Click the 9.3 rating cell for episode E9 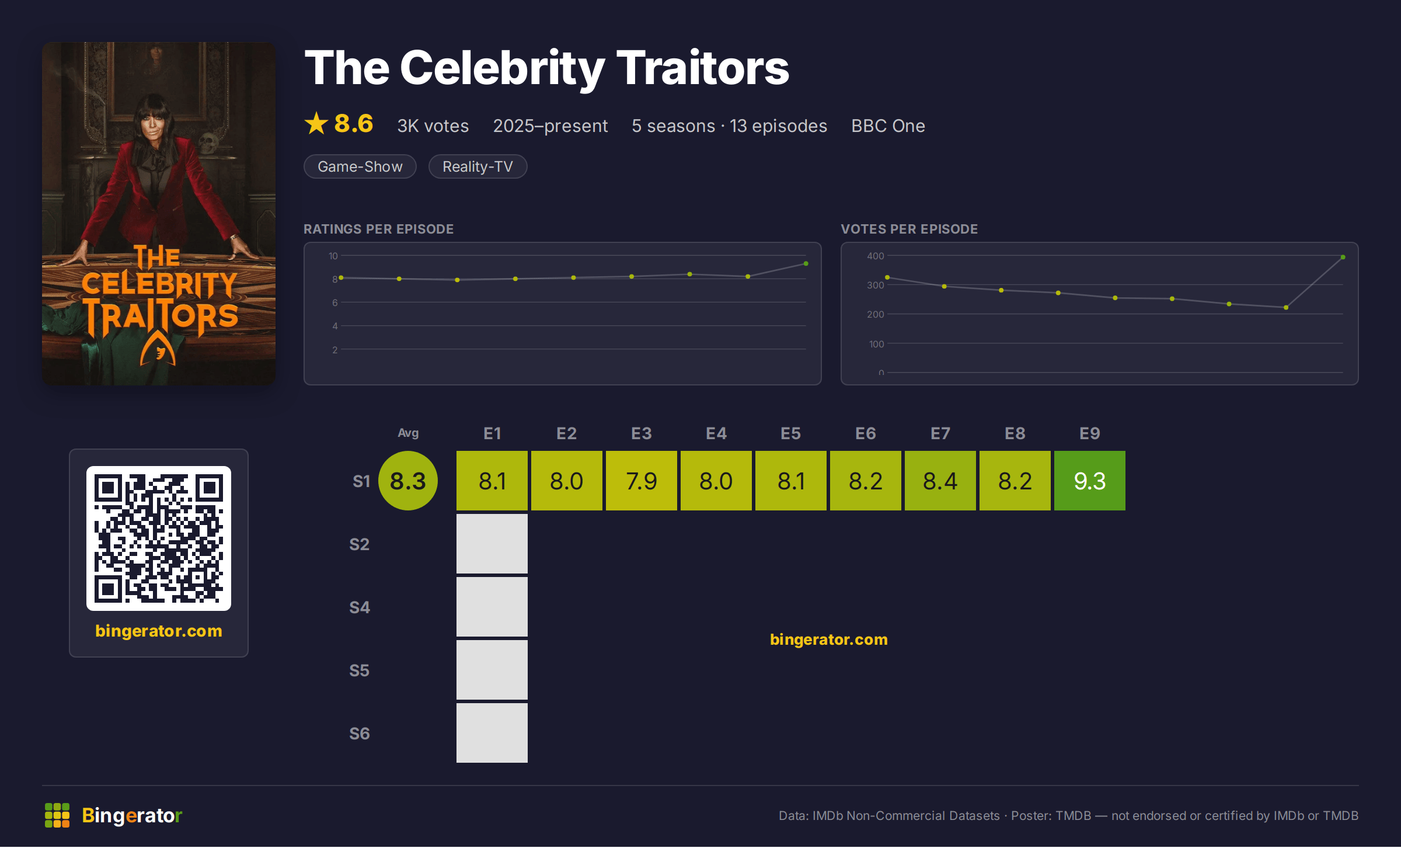1089,481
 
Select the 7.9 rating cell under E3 641,481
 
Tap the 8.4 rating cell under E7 940,481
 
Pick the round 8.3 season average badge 408,481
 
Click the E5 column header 790,433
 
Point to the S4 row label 360,607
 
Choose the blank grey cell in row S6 492,733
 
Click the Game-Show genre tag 360,166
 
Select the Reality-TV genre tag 478,166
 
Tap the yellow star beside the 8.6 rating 316,123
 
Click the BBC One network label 888,126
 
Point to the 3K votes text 433,126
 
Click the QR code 159,538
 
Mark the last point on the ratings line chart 806,264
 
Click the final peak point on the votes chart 1343,257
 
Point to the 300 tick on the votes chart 875,285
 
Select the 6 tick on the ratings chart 335,303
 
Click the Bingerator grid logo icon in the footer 57,815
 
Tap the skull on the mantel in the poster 207,141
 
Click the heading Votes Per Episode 909,229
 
